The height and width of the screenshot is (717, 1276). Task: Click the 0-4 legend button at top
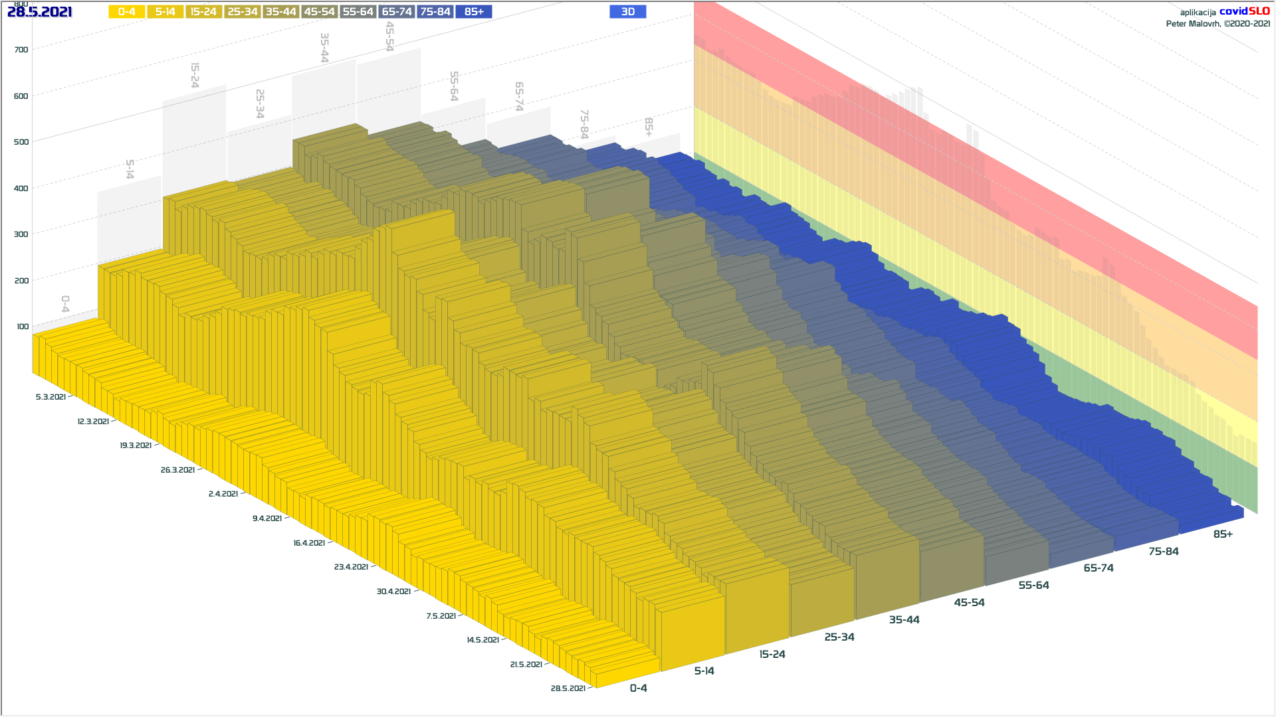point(126,12)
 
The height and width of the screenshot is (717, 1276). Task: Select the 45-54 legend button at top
point(319,12)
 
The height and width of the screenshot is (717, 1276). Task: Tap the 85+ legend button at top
point(474,12)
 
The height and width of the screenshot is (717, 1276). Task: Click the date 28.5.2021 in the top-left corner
point(40,12)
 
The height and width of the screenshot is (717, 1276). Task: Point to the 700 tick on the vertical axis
point(21,50)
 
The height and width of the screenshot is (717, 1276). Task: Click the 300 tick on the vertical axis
point(21,234)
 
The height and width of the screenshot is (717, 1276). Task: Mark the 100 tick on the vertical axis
point(23,327)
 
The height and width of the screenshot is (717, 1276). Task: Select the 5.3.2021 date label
point(51,397)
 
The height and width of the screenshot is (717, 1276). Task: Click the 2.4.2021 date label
point(223,494)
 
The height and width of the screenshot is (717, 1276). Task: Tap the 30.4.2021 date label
point(393,592)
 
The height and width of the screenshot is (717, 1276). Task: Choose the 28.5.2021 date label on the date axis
point(568,688)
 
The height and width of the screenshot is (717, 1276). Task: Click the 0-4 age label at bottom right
point(638,688)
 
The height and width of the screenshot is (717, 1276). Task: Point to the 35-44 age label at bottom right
point(904,620)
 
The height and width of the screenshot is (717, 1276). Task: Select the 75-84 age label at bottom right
point(1164,552)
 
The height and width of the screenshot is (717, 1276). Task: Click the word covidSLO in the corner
point(1244,11)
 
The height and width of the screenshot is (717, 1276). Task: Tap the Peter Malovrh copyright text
point(1218,24)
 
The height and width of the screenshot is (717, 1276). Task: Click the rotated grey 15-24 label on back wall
point(195,75)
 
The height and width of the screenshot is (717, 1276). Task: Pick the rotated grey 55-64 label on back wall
point(454,86)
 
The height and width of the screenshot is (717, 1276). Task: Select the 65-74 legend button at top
point(397,12)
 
